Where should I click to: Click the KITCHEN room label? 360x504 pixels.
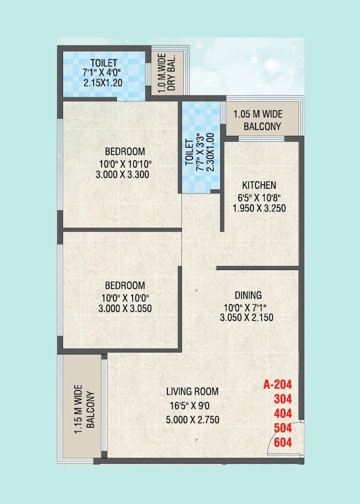pos(259,186)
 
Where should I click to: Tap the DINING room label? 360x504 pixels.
pos(248,295)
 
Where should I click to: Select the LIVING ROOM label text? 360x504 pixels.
pos(192,391)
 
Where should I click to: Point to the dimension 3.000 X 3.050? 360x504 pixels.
pos(124,308)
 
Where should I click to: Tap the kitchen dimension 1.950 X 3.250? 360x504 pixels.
pos(259,208)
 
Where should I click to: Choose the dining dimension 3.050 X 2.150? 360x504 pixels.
pos(247,318)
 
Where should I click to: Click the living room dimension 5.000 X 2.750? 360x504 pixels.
pos(192,420)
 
